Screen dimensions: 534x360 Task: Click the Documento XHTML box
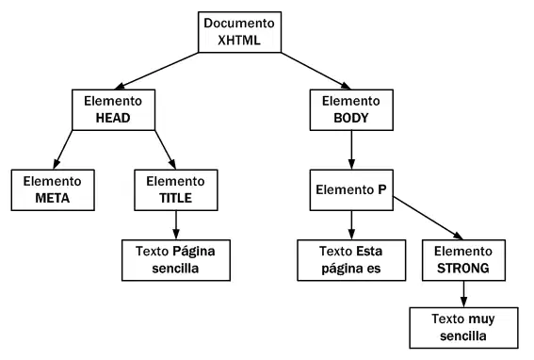coord(240,32)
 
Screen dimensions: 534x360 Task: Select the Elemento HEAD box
coord(113,109)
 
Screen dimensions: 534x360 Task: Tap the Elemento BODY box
coord(351,109)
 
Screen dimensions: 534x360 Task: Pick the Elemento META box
coord(53,189)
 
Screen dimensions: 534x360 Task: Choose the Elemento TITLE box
coord(176,189)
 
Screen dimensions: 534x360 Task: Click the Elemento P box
coord(351,189)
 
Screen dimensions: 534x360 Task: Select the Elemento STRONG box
coord(463,260)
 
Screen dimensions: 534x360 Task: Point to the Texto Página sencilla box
coord(176,260)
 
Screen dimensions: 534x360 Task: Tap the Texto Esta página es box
coord(351,260)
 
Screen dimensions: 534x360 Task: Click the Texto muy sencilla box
coord(463,328)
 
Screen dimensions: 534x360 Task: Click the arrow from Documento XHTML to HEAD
coord(156,71)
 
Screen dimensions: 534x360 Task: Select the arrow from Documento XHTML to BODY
coord(316,71)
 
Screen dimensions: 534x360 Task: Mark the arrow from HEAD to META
coord(63,150)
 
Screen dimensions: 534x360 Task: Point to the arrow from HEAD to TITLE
coord(166,150)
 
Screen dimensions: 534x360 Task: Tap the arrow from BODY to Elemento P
coord(351,150)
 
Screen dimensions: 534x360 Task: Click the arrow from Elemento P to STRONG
coord(429,219)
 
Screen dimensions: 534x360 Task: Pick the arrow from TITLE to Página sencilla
coord(176,225)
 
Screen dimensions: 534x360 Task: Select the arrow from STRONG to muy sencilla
coord(463,294)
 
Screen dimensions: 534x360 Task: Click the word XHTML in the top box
coord(239,41)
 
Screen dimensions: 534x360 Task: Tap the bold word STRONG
coord(463,269)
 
